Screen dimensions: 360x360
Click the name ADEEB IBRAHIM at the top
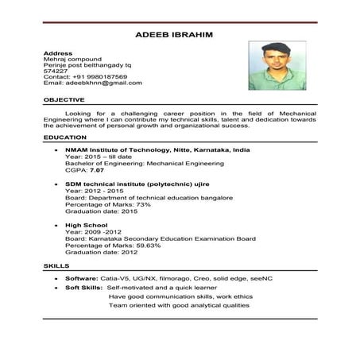(180, 35)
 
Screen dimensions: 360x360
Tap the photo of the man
(277, 66)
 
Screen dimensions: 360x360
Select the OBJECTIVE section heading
(64, 99)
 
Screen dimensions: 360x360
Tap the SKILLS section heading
(56, 265)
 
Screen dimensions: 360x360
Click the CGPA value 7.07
(97, 170)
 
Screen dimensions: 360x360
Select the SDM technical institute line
(140, 184)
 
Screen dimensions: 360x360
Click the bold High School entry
(87, 225)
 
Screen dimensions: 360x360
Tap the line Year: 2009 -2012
(99, 231)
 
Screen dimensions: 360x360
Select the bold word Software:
(82, 279)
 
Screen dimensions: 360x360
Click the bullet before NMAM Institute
(54, 149)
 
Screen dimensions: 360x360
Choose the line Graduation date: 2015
(101, 211)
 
